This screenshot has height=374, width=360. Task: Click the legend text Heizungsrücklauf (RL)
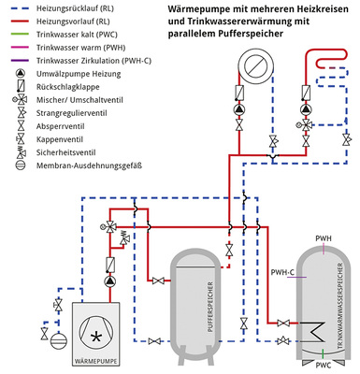pyautogui.click(x=74, y=7)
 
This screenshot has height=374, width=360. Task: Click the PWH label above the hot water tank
pyautogui.click(x=324, y=238)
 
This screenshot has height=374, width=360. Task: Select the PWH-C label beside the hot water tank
pyautogui.click(x=282, y=272)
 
